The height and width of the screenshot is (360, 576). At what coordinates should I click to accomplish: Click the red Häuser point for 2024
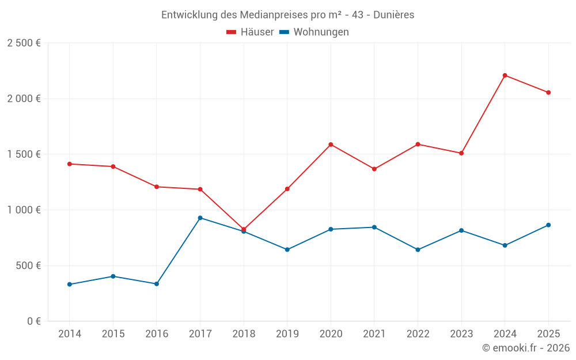pyautogui.click(x=505, y=75)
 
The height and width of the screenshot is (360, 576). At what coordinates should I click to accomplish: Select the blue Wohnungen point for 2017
pyautogui.click(x=200, y=218)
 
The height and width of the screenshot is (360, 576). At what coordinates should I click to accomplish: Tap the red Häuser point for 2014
pyautogui.click(x=70, y=164)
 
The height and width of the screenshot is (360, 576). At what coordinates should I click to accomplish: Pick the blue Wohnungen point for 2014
pyautogui.click(x=70, y=285)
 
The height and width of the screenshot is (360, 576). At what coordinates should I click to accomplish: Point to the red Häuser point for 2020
pyautogui.click(x=331, y=145)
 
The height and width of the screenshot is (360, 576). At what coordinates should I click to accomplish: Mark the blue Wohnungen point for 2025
pyautogui.click(x=548, y=225)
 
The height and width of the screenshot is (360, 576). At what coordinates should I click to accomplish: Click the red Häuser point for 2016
pyautogui.click(x=157, y=187)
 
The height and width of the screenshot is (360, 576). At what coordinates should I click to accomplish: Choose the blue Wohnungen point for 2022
pyautogui.click(x=418, y=249)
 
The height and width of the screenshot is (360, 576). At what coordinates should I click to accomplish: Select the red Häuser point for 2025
pyautogui.click(x=548, y=92)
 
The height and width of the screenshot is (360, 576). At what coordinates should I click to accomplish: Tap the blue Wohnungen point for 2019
pyautogui.click(x=287, y=249)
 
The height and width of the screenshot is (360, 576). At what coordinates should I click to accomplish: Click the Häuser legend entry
pyautogui.click(x=251, y=32)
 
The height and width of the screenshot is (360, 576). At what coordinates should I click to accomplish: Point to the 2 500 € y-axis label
pyautogui.click(x=24, y=43)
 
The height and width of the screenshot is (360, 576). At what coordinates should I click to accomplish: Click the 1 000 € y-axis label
pyautogui.click(x=24, y=210)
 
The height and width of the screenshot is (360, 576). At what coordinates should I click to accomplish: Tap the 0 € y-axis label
pyautogui.click(x=33, y=321)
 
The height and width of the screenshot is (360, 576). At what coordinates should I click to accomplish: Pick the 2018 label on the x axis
pyautogui.click(x=244, y=334)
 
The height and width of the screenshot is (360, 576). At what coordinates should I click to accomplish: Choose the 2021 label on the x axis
pyautogui.click(x=374, y=334)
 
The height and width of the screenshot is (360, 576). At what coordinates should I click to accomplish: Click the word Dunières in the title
pyautogui.click(x=393, y=15)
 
